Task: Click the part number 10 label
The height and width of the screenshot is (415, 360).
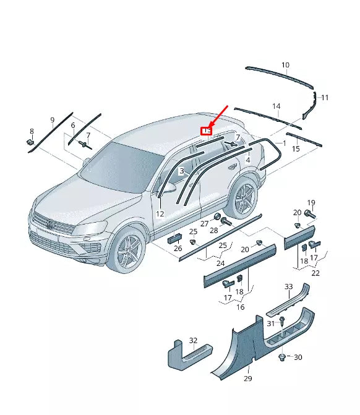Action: tap(285, 65)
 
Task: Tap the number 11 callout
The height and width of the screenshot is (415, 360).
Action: tap(325, 98)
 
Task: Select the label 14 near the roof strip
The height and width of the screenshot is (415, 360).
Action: tap(276, 106)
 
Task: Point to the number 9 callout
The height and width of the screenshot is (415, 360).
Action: tap(53, 119)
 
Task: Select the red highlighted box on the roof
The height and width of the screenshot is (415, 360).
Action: tap(207, 131)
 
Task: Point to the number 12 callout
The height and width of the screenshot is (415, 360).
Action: tap(160, 214)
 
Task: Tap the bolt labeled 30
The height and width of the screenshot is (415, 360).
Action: tap(283, 357)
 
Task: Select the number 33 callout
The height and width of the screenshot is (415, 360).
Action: tap(288, 286)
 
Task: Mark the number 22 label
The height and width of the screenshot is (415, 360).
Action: tap(315, 273)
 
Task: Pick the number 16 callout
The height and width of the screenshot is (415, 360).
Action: tap(240, 307)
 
